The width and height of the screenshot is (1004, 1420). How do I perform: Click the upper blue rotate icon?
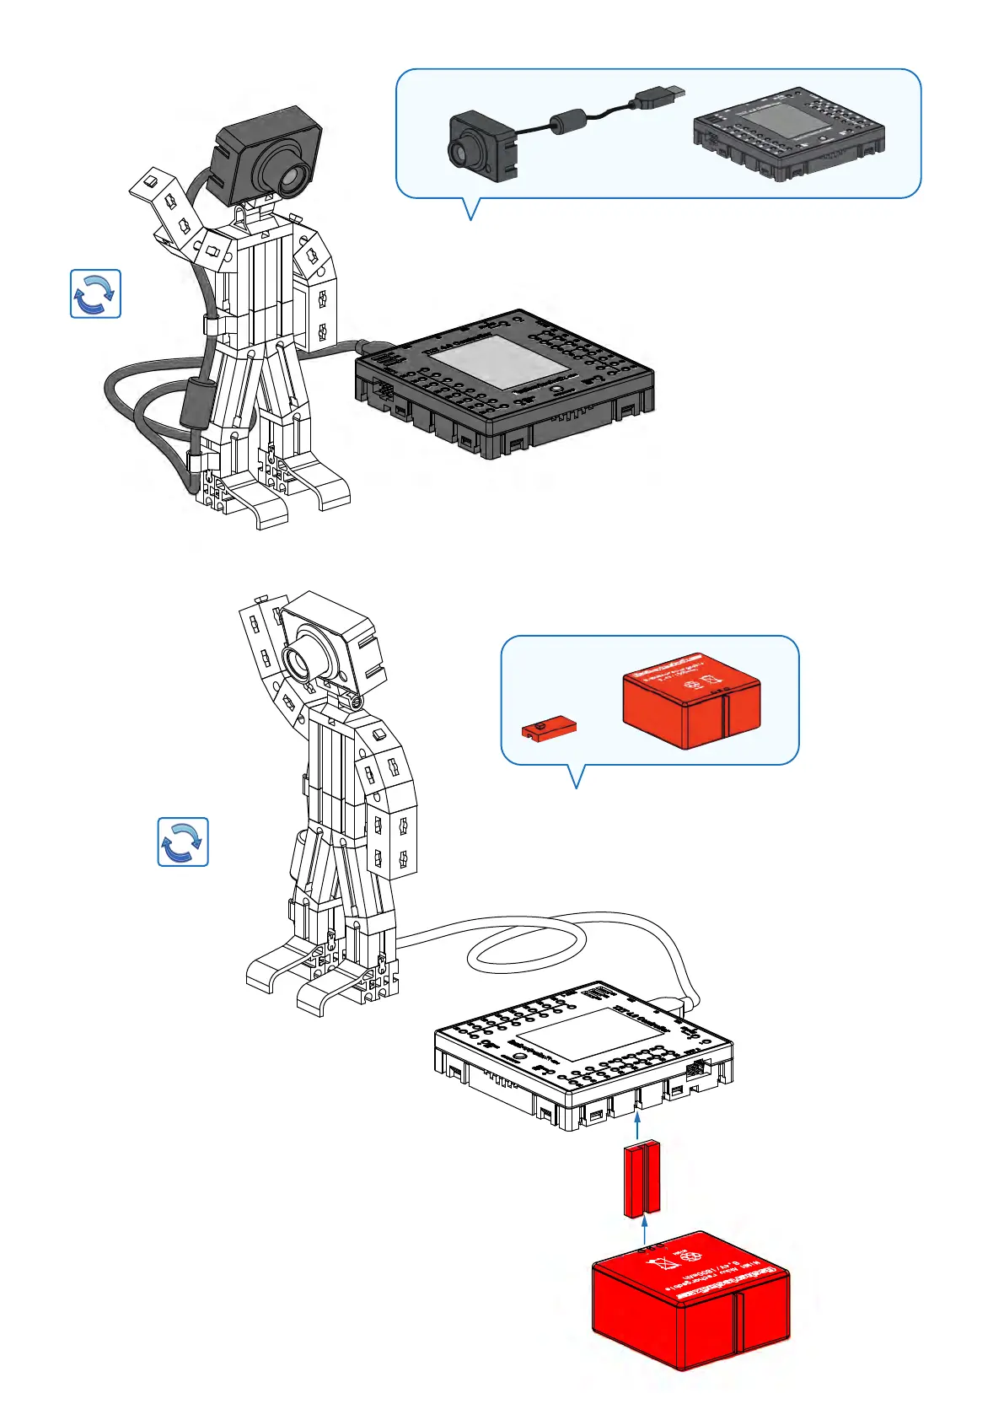pos(95,293)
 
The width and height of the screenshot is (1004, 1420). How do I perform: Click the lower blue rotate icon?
pos(183,842)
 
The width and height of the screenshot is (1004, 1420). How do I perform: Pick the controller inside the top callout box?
pos(788,132)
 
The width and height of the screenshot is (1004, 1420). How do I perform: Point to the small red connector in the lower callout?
pos(549,728)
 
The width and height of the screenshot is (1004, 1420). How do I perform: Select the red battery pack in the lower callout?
pos(691,698)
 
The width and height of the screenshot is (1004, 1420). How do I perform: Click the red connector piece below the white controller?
pos(642,1179)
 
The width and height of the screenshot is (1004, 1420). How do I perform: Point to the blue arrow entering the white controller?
pos(637,1127)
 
